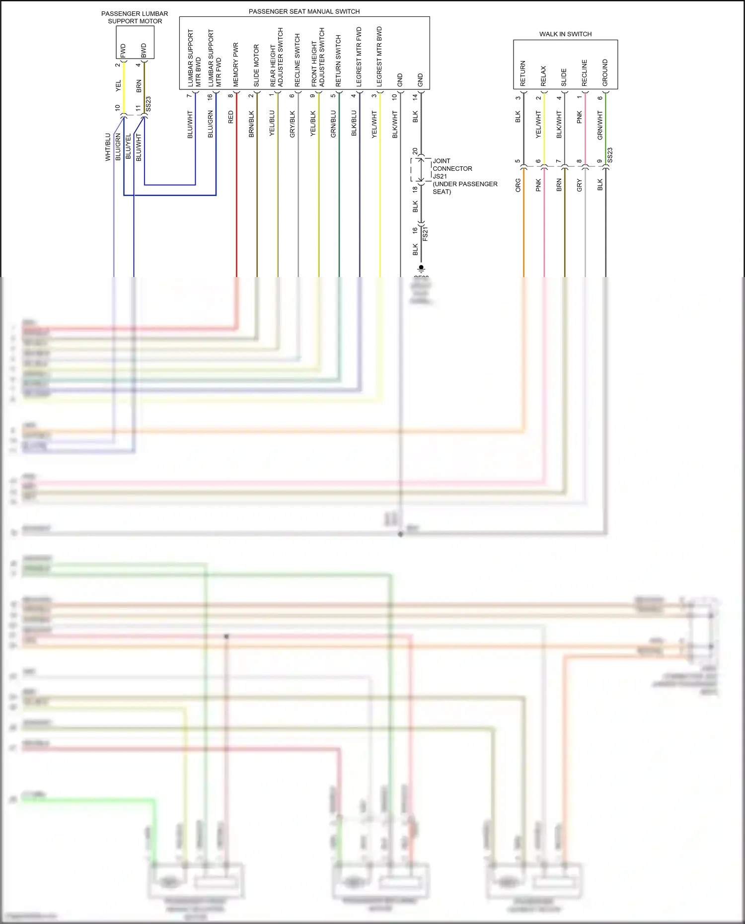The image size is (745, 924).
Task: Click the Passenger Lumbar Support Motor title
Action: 135,17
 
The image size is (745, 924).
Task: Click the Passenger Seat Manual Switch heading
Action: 304,11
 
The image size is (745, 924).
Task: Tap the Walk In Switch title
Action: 565,34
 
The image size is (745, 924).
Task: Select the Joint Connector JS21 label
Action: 464,176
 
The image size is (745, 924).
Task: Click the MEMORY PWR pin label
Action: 236,65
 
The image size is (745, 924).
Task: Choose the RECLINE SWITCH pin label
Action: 298,60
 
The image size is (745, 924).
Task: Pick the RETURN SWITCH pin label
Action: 338,61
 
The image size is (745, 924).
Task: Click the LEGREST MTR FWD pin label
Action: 359,57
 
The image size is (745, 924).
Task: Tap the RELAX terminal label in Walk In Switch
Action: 543,76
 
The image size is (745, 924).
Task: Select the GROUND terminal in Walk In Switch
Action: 605,73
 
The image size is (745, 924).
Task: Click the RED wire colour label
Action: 230,117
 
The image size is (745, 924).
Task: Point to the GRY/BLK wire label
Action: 292,124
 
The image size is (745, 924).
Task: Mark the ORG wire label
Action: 518,186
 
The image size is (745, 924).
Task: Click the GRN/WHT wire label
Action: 600,125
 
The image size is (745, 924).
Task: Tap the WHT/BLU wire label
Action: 108,147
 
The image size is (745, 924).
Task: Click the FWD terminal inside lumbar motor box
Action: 123,50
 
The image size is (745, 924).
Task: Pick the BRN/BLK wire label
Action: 251,124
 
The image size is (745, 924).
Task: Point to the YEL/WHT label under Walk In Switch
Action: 538,124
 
